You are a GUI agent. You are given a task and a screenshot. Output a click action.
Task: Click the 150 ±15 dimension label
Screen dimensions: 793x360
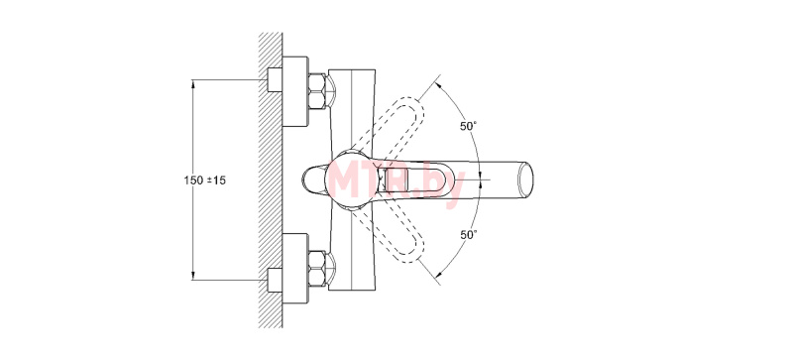point(205,180)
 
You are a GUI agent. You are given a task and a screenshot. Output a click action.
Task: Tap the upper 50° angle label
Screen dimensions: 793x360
point(468,127)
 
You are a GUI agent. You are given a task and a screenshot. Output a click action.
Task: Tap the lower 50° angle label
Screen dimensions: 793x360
point(468,234)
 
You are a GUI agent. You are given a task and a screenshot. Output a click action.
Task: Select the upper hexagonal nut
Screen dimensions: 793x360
point(316,91)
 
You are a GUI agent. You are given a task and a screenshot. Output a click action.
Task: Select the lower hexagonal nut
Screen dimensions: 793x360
point(316,269)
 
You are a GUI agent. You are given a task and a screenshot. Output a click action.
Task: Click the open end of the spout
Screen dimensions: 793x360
point(525,180)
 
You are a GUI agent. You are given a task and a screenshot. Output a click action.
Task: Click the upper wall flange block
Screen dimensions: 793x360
point(294,91)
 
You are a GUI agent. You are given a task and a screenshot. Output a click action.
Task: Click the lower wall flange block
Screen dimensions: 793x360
point(294,269)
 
